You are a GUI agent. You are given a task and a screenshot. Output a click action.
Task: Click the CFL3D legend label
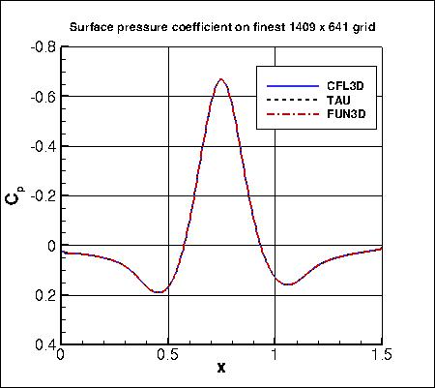(x=343, y=86)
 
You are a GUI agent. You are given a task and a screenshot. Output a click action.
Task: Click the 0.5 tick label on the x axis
(x=168, y=355)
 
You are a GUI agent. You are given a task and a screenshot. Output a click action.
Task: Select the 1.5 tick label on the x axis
(x=381, y=355)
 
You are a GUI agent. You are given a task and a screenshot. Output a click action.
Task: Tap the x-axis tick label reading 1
(x=275, y=355)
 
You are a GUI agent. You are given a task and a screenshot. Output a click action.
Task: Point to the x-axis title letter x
(x=221, y=369)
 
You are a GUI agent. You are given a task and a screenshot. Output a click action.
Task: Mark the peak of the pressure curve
(x=221, y=79)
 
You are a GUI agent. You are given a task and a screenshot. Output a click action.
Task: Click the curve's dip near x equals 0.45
(x=159, y=292)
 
